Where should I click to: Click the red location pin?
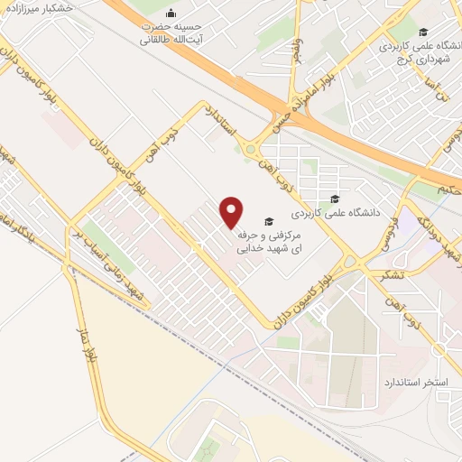[x=232, y=211]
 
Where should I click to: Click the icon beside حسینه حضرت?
[x=171, y=12]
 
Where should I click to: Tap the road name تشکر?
[x=393, y=275]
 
